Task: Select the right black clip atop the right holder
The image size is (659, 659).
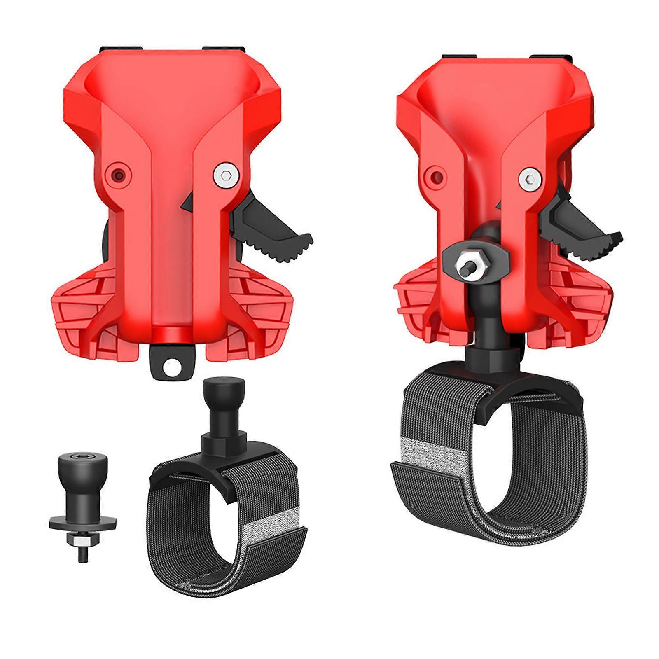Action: coord(548,58)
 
